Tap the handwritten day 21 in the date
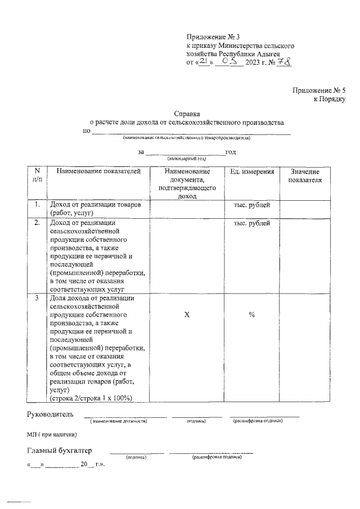(x=202, y=62)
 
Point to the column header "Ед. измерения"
(x=252, y=172)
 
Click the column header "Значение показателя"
(x=304, y=176)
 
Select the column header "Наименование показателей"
(x=94, y=172)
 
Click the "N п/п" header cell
(x=37, y=175)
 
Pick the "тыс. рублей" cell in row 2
(x=252, y=223)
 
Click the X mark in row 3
(x=187, y=316)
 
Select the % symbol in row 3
(x=252, y=316)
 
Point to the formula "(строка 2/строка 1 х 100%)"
(x=91, y=398)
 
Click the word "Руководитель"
(x=50, y=415)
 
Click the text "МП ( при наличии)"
(x=52, y=434)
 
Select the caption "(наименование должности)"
(x=119, y=421)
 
